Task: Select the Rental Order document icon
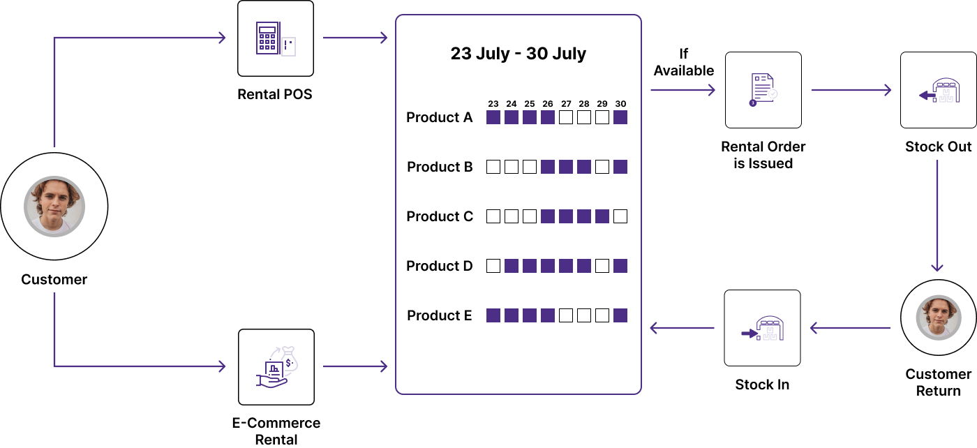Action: click(x=763, y=90)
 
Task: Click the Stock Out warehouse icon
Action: click(x=938, y=90)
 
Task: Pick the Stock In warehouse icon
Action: click(x=762, y=328)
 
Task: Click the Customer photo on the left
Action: click(x=54, y=206)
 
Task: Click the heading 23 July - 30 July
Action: click(x=519, y=54)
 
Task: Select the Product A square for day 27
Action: click(x=566, y=117)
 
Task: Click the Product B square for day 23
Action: click(x=493, y=167)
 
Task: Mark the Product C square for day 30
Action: click(x=620, y=216)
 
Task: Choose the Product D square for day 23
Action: click(x=493, y=266)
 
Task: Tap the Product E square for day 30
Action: click(x=620, y=315)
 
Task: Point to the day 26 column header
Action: click(x=548, y=103)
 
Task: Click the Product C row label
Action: click(x=440, y=216)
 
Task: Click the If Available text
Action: click(x=684, y=62)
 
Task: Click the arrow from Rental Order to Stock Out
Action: click(x=851, y=90)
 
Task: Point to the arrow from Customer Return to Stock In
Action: click(x=850, y=328)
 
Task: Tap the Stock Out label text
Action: click(x=938, y=147)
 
